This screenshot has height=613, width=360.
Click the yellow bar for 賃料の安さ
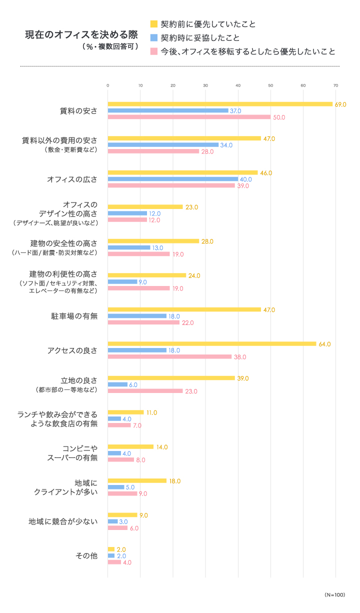click(x=220, y=104)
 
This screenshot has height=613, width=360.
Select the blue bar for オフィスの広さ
click(x=173, y=179)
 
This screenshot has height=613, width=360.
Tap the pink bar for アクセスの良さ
click(x=169, y=356)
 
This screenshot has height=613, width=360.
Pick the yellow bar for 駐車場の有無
click(x=184, y=309)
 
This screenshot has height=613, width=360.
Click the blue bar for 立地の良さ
click(x=117, y=384)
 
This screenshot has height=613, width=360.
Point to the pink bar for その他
click(x=114, y=562)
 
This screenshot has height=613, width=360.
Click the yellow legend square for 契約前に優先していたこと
click(x=154, y=24)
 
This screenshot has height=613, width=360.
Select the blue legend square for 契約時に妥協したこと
click(x=154, y=38)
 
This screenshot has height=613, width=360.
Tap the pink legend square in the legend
click(x=154, y=51)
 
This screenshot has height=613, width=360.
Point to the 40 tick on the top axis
click(x=238, y=85)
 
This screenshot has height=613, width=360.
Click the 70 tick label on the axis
click(x=335, y=85)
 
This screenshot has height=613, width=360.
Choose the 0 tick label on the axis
click(x=108, y=85)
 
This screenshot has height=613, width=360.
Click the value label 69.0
click(x=340, y=104)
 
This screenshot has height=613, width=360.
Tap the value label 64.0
click(x=324, y=344)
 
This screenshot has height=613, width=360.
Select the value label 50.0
click(x=279, y=117)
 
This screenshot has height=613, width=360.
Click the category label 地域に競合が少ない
click(x=63, y=521)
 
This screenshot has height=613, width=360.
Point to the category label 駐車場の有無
click(x=74, y=316)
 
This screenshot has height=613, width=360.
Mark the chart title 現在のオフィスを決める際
click(x=81, y=35)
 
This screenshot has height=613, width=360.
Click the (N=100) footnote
click(x=335, y=594)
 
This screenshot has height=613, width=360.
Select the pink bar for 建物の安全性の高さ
click(x=139, y=254)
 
